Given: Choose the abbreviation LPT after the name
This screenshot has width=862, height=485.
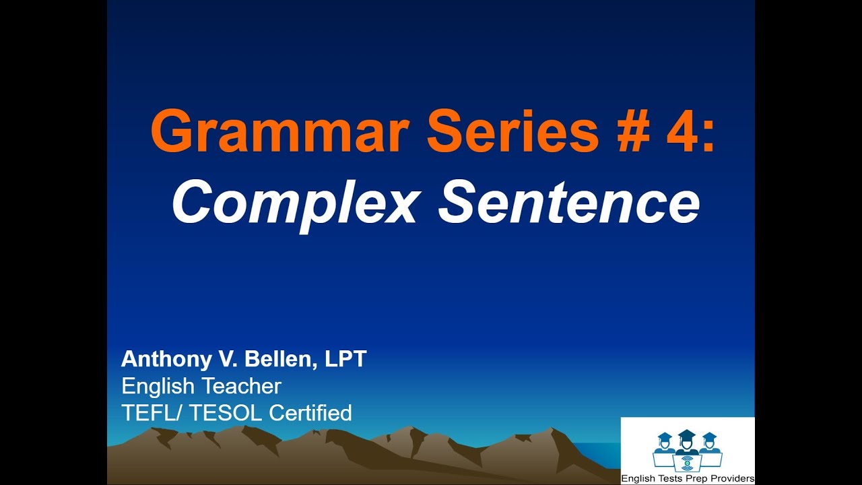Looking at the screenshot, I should click(345, 359).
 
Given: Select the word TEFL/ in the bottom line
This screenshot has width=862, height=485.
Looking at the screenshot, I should click(152, 412).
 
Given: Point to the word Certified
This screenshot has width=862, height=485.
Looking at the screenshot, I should click(310, 412).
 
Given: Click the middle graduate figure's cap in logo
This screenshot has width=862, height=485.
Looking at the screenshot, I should click(687, 434).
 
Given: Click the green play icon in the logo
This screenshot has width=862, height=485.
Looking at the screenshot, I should click(687, 465).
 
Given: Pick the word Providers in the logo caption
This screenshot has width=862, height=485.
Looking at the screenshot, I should click(731, 479).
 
